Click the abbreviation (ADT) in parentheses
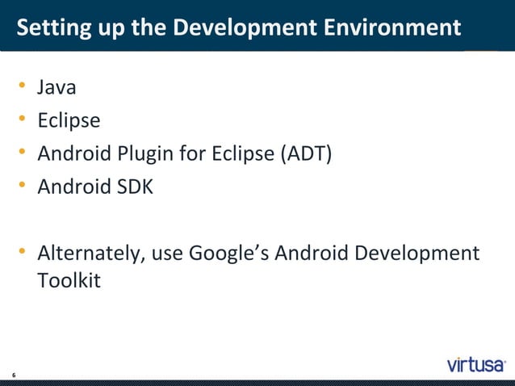click(x=305, y=153)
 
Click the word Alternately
click(x=89, y=254)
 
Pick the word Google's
click(x=228, y=254)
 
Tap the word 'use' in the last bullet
click(x=166, y=254)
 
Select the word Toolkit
click(x=69, y=283)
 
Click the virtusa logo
click(x=476, y=364)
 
